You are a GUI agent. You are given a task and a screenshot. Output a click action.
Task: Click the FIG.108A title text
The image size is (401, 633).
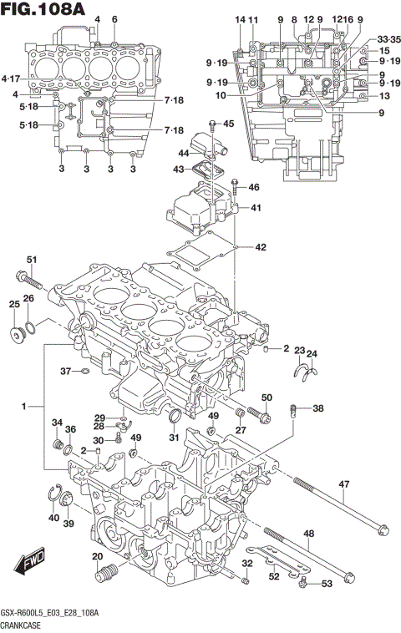point(43,12)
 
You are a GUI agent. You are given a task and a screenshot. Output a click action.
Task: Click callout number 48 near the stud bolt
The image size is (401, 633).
point(308,534)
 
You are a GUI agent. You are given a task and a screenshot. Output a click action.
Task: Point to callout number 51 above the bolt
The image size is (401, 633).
point(32,259)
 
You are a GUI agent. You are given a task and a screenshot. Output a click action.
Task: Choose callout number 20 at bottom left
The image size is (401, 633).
point(97,557)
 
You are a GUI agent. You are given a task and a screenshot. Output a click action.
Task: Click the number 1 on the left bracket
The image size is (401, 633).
point(26,406)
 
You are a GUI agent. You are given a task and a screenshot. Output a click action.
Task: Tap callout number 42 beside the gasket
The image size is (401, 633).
point(261,247)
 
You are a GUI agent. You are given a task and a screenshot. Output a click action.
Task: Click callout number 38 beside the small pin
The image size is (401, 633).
point(318,408)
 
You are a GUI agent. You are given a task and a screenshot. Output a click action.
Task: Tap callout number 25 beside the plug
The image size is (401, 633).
point(14,304)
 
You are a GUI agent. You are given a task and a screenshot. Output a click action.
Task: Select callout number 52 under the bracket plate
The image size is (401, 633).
point(274,577)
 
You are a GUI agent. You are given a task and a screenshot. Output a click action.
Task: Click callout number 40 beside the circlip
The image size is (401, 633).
point(53,518)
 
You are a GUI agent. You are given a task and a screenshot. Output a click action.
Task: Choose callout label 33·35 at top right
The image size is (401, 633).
point(388,39)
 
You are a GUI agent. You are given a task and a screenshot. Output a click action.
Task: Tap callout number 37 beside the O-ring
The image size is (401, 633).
point(64,371)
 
